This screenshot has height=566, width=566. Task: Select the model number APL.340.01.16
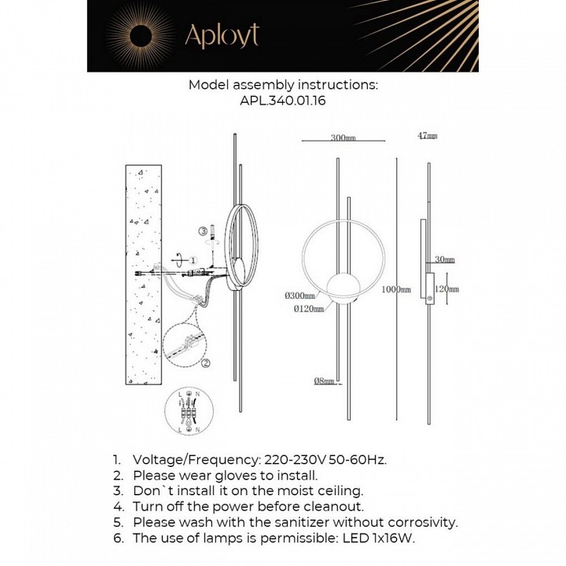pyautogui.click(x=282, y=101)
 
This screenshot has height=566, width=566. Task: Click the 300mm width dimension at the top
pyautogui.click(x=343, y=138)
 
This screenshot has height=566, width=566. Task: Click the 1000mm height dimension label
pyautogui.click(x=397, y=289)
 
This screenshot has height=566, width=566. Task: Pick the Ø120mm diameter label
pyautogui.click(x=309, y=309)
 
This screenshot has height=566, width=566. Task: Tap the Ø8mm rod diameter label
pyautogui.click(x=325, y=381)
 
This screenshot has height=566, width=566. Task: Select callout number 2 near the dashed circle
pyautogui.click(x=205, y=362)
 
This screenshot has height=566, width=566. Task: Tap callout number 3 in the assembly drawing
pyautogui.click(x=203, y=231)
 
